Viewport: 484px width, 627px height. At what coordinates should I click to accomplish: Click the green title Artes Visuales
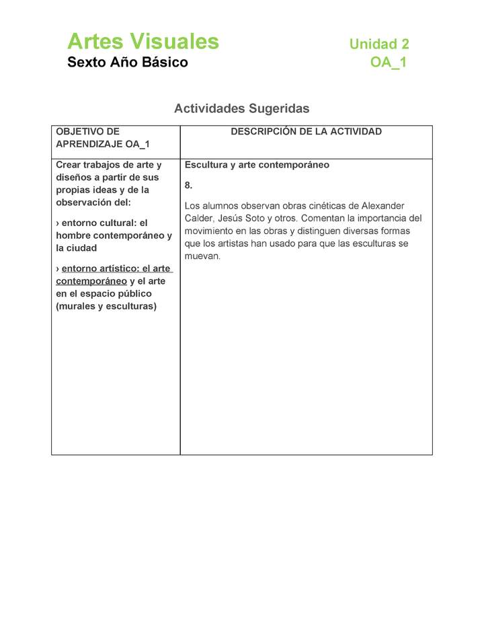143,42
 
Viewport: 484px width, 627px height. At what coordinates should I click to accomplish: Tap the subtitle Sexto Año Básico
128,63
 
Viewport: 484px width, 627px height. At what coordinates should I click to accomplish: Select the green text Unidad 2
379,44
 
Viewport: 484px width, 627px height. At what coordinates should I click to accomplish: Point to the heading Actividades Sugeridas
242,108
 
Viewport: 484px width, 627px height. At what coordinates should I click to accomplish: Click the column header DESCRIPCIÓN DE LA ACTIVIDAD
306,132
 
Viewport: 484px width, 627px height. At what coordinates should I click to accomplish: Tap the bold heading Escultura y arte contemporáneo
257,165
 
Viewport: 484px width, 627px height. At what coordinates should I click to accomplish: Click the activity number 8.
189,185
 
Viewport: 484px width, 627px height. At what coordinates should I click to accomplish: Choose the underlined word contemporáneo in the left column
91,281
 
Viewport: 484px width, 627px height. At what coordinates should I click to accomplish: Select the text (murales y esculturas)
106,307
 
